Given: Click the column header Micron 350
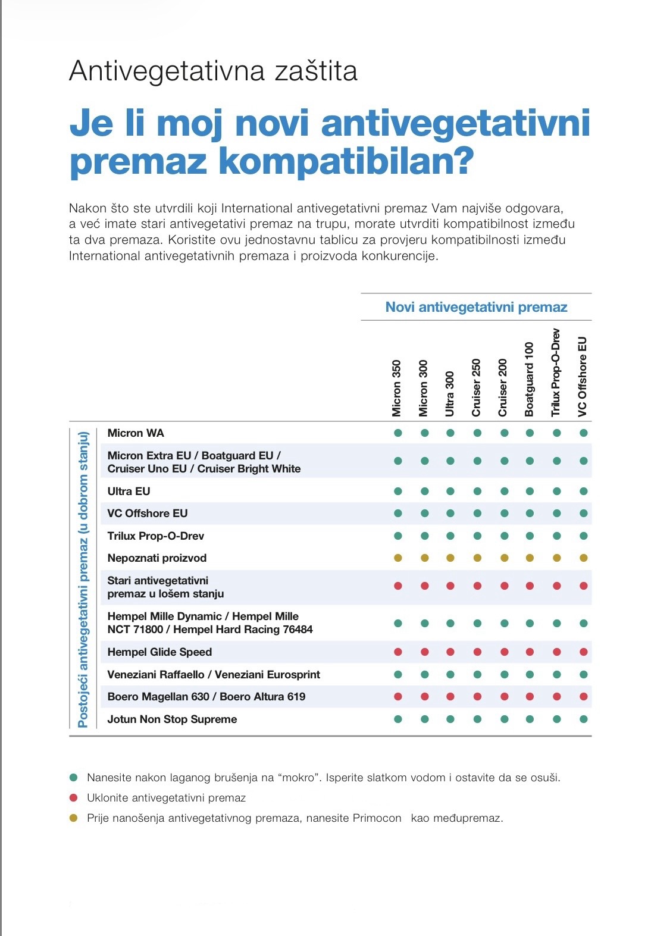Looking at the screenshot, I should tap(397, 388).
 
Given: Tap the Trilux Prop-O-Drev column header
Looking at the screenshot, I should tap(556, 372).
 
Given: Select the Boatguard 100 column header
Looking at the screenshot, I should tap(530, 379).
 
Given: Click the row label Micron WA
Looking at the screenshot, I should tap(136, 433).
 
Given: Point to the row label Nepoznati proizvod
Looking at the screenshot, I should tap(157, 558).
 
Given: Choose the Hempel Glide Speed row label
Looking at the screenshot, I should tap(159, 652).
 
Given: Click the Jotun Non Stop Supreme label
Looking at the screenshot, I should tap(172, 719).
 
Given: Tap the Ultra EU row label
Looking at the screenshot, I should tap(129, 492).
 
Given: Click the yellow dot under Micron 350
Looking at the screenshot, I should tap(398, 558).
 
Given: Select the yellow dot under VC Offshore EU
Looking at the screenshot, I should tap(584, 558).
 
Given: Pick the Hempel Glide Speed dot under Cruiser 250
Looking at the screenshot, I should tap(477, 652).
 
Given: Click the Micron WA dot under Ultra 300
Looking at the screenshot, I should tap(450, 433).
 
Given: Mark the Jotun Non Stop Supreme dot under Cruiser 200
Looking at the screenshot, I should tap(504, 719).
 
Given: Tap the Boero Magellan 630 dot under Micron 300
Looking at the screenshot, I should tap(424, 697).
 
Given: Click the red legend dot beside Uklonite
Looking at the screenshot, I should tap(74, 798).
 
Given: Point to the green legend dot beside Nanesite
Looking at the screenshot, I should tap(74, 778).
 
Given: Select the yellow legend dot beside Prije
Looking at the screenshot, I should tap(74, 818).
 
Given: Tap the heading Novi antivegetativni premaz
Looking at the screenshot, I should tap(476, 307).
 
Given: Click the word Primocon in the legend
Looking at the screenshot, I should tap(377, 818).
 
